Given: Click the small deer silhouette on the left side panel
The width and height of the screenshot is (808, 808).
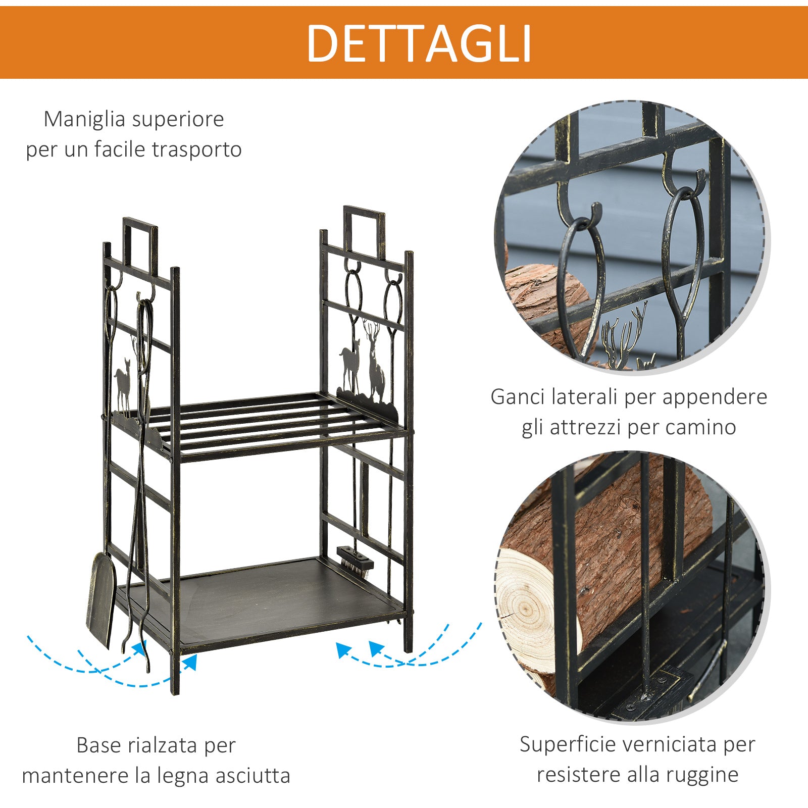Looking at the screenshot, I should (123, 384).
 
